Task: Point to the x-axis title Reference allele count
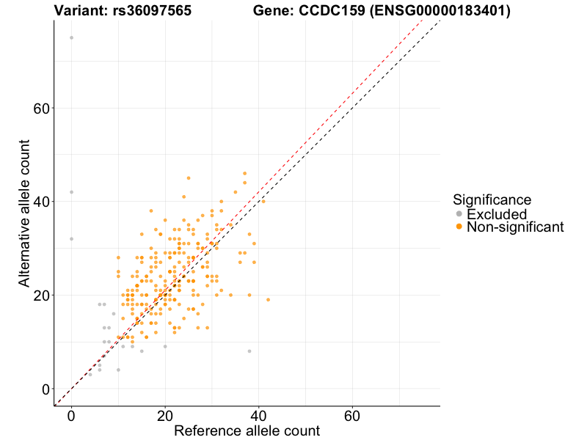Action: pos(247,431)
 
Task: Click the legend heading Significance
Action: pos(492,199)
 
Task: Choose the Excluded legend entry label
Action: pos(497,214)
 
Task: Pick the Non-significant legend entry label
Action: pos(515,227)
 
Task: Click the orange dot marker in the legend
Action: pos(459,227)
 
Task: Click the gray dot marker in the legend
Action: pos(459,214)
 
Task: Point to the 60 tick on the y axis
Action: pos(41,109)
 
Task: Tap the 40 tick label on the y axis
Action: pos(41,202)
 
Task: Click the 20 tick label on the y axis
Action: pos(41,296)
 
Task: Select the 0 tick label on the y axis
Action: pos(45,389)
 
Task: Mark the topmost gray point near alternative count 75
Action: pos(71,38)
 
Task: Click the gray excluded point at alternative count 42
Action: pos(71,192)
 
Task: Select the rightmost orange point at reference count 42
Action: pos(268,300)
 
